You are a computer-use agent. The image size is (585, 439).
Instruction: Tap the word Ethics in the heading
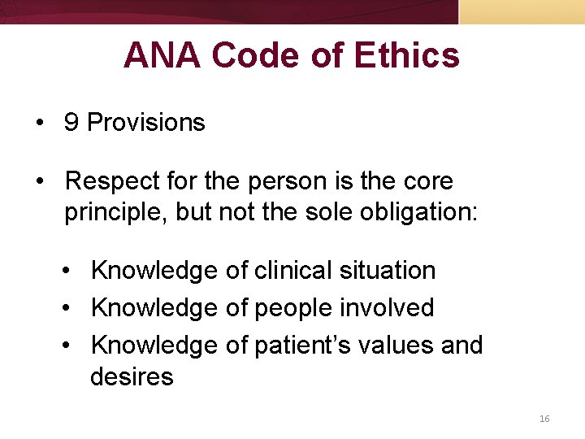[x=407, y=56]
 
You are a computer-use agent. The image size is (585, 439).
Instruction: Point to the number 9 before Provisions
[x=72, y=123]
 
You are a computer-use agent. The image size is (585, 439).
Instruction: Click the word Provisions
[x=146, y=123]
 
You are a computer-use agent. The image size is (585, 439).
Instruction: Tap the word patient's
[x=300, y=345]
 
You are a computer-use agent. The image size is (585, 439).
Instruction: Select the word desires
[x=132, y=376]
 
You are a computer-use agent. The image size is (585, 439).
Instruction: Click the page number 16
[x=544, y=419]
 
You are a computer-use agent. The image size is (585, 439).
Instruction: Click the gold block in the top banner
[x=522, y=11]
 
